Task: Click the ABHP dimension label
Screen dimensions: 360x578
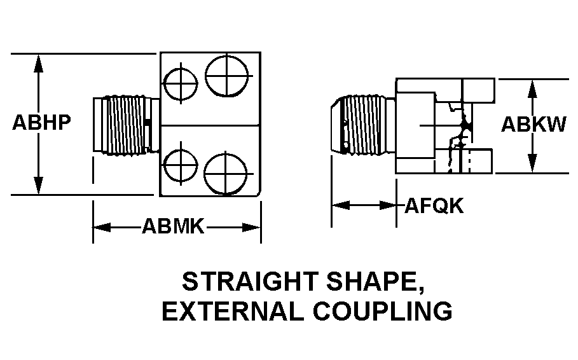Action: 41,123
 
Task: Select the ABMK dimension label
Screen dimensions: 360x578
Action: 173,226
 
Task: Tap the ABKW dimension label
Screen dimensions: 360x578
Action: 533,124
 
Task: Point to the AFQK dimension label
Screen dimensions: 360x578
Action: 434,206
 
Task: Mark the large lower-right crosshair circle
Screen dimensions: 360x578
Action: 226,170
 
